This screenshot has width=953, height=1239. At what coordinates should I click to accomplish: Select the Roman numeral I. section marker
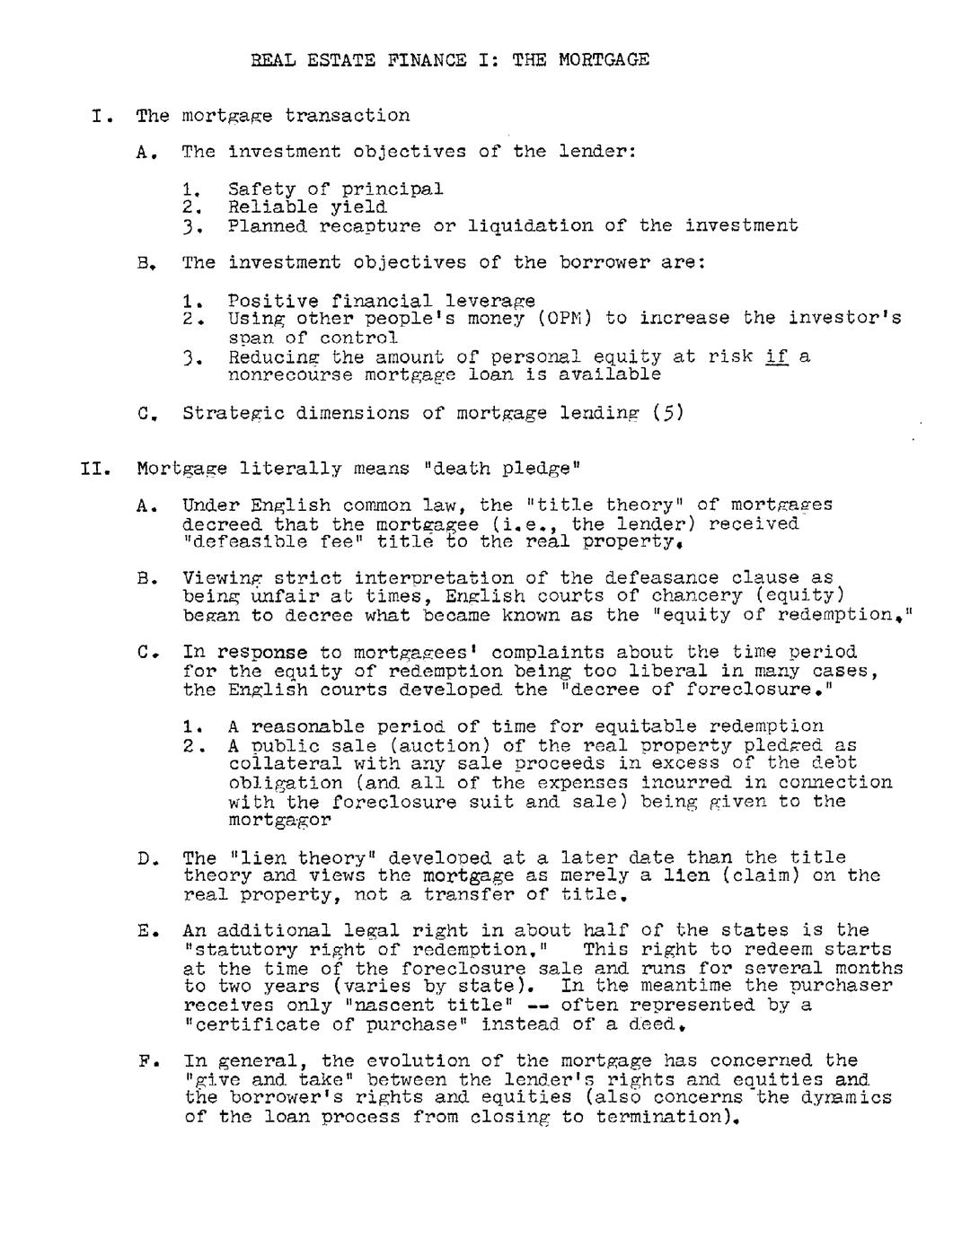[101, 116]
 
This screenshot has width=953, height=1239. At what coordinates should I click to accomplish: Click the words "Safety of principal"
[335, 189]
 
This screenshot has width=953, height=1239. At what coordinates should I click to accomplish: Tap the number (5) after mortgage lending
[668, 413]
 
